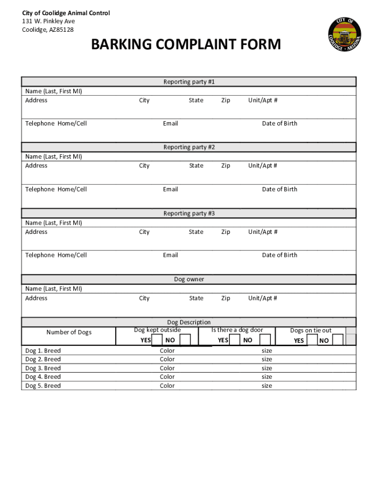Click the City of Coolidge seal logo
tap(344, 35)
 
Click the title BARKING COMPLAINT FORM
tap(186, 45)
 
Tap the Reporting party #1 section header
tap(188, 82)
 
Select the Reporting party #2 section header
tap(188, 147)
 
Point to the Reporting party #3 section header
tap(188, 213)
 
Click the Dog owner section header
tap(188, 279)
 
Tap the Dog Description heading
tap(188, 322)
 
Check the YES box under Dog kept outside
tap(157, 340)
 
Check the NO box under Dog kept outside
tap(185, 340)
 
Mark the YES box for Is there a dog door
tap(234, 340)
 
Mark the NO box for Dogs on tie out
tap(337, 340)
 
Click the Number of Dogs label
tap(69, 333)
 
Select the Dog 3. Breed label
tap(43, 368)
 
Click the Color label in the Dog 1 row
tap(167, 351)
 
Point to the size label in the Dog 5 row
tap(267, 386)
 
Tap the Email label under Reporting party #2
tap(170, 189)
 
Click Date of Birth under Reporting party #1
tap(279, 124)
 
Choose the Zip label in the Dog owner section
tap(225, 298)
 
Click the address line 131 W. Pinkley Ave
tap(48, 21)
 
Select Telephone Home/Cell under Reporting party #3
tap(56, 255)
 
